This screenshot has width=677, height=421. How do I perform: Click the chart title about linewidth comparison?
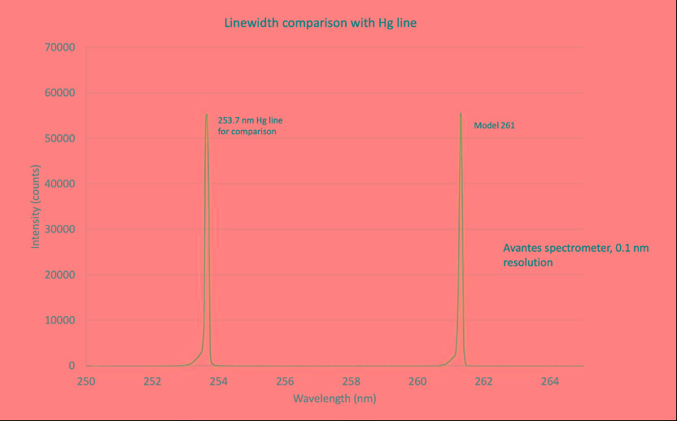pyautogui.click(x=321, y=23)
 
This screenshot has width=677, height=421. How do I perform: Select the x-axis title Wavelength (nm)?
pyautogui.click(x=334, y=398)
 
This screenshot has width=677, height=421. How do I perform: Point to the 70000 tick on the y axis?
pyautogui.click(x=59, y=47)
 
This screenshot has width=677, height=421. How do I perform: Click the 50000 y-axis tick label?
pyautogui.click(x=59, y=138)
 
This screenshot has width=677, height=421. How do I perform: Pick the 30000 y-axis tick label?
pyautogui.click(x=59, y=229)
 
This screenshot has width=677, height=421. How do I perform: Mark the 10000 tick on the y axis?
pyautogui.click(x=59, y=320)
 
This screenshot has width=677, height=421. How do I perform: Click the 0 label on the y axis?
pyautogui.click(x=72, y=366)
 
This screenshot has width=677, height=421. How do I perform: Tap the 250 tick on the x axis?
pyautogui.click(x=86, y=380)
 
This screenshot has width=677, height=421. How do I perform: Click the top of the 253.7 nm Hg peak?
pyautogui.click(x=207, y=115)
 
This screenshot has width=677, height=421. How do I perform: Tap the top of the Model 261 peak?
pyautogui.click(x=461, y=114)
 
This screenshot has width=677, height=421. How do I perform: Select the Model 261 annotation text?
pyautogui.click(x=494, y=126)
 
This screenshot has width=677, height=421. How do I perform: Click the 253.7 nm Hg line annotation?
pyautogui.click(x=250, y=125)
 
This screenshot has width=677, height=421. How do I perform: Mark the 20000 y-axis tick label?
pyautogui.click(x=59, y=275)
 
